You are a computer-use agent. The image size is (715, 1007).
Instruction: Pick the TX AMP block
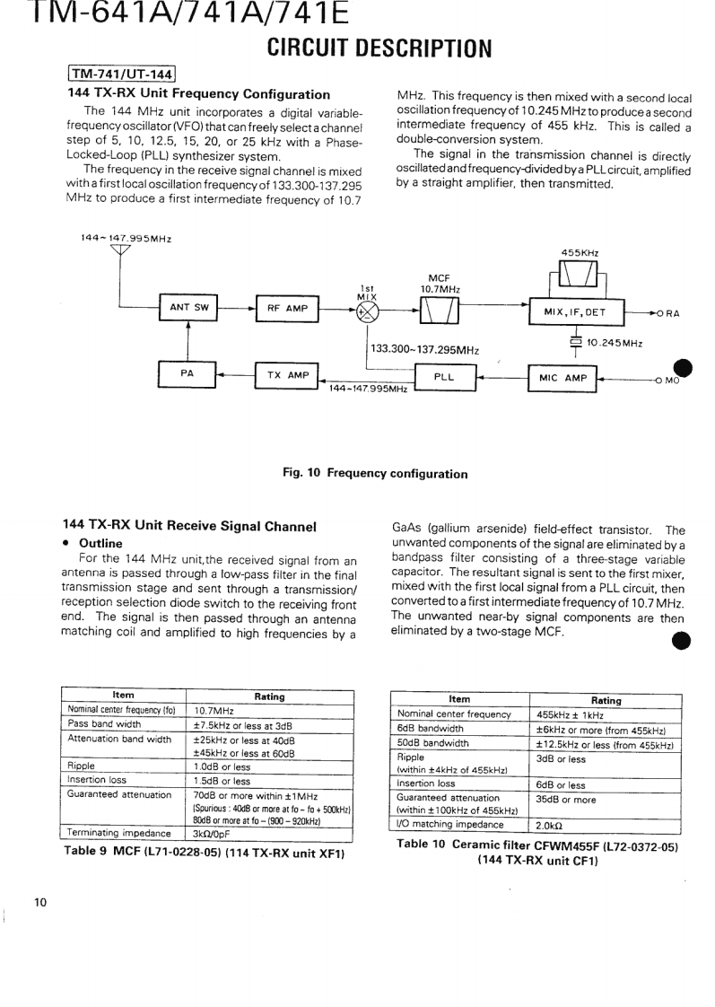[x=287, y=376]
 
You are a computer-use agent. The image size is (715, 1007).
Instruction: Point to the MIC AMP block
[x=562, y=378]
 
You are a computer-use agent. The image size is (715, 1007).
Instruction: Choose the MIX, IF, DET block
[x=575, y=311]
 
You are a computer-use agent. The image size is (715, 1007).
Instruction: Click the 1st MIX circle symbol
[x=367, y=311]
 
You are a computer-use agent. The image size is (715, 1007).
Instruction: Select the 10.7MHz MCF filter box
[x=440, y=311]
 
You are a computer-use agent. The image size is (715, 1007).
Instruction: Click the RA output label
[x=672, y=313]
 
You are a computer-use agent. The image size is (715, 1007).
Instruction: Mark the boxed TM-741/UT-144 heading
[x=121, y=74]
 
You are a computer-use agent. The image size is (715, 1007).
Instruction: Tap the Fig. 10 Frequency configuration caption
[x=376, y=473]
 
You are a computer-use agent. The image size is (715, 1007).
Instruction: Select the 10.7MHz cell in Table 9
[x=214, y=709]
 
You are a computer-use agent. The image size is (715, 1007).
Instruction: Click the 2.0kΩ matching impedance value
[x=549, y=824]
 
